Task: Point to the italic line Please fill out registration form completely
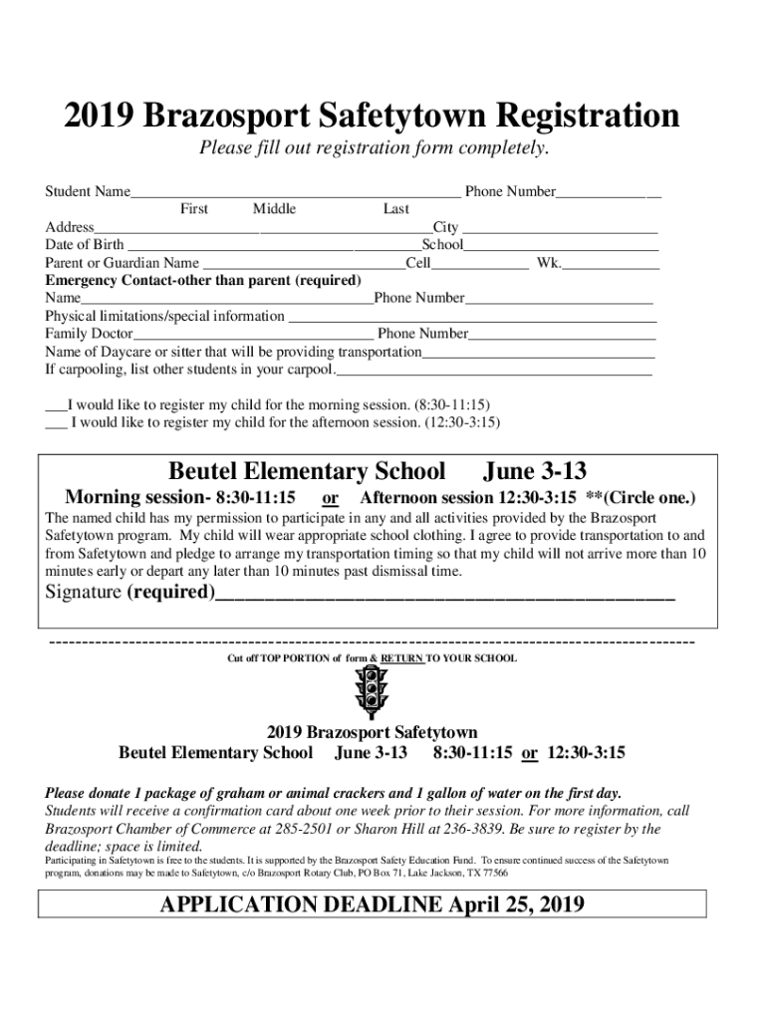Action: [x=374, y=149]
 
